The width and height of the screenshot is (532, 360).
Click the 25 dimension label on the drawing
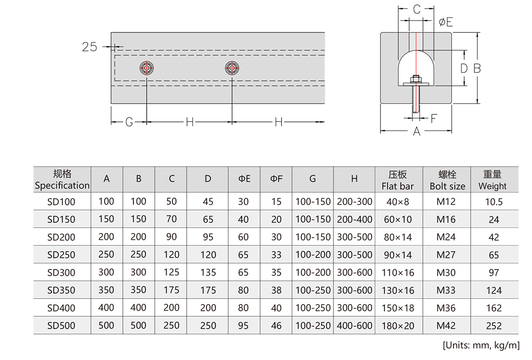tap(90, 47)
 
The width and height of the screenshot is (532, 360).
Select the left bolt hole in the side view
tap(147, 68)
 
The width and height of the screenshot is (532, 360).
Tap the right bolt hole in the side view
tap(232, 68)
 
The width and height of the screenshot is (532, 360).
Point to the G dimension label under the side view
tap(129, 122)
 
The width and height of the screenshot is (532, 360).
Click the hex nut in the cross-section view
tap(416, 79)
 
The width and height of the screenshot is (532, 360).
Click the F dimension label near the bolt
tap(434, 118)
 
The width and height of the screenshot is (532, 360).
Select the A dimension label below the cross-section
tap(416, 131)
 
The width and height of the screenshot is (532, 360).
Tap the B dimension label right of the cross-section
tap(477, 68)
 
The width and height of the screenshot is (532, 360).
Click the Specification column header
tap(62, 180)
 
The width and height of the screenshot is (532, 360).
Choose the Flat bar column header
tap(397, 180)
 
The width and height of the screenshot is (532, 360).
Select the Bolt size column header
tap(447, 180)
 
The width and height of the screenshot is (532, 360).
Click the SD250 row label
tap(61, 255)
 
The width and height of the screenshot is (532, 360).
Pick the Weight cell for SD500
tap(494, 326)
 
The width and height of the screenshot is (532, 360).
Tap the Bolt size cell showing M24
tap(446, 237)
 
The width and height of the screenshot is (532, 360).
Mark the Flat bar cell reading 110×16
tap(398, 273)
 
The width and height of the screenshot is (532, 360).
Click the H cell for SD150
tap(354, 219)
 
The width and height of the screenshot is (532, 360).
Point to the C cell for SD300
tap(172, 273)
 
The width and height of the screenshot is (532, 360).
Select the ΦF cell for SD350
tap(276, 290)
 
